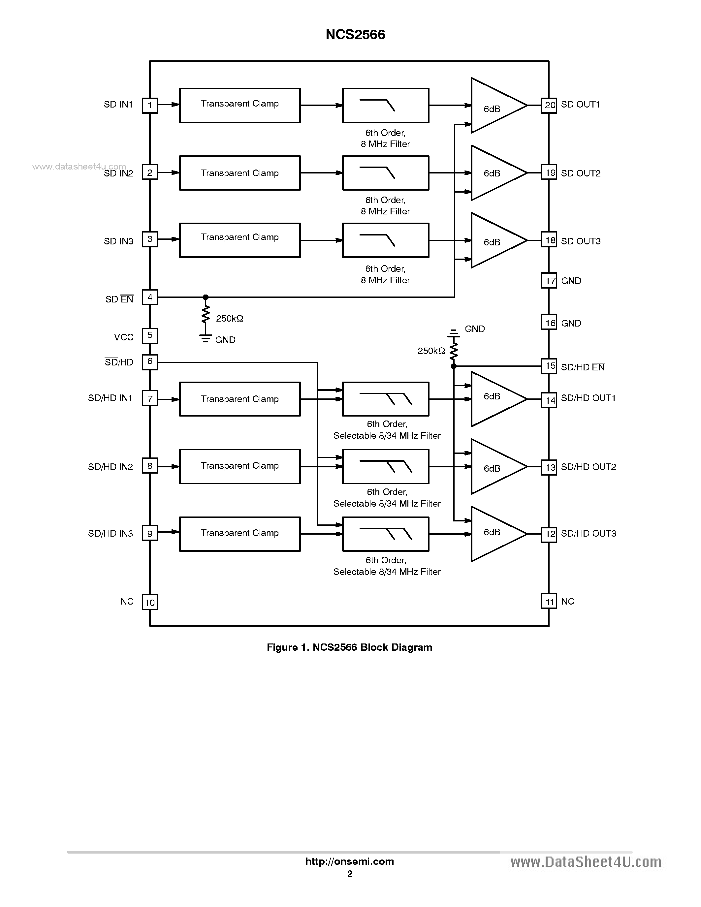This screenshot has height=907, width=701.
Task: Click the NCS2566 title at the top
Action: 355,35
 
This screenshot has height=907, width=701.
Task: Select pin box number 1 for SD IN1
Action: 150,105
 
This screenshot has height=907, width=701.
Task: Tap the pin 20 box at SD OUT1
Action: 549,105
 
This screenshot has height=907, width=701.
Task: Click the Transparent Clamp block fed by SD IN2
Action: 239,173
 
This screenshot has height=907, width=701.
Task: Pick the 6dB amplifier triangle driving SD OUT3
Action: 494,240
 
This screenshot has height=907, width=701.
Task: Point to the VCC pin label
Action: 124,337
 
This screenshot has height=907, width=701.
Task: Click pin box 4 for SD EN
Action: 150,297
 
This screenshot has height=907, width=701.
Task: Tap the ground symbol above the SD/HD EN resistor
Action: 454,333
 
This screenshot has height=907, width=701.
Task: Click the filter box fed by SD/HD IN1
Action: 385,399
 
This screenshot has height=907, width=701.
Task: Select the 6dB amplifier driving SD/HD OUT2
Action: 494,467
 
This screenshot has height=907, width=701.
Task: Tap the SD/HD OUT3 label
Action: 588,533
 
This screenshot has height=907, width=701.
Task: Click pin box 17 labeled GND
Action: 549,281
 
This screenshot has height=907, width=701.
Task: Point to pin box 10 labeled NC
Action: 150,602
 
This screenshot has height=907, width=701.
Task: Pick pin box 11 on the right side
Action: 549,601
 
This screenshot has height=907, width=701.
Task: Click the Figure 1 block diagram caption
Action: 349,647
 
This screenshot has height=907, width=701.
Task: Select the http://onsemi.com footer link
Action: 349,861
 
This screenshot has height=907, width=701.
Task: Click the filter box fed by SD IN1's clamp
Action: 385,105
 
